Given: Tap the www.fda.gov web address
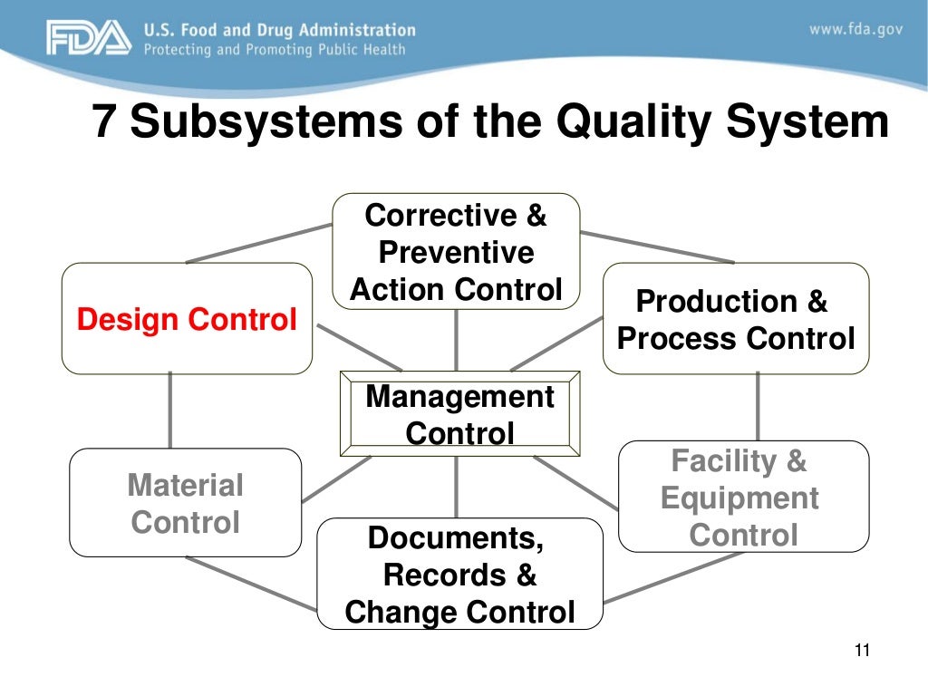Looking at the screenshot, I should [855, 29].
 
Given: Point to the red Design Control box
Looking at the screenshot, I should [187, 319].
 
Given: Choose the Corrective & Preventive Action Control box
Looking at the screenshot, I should [456, 252].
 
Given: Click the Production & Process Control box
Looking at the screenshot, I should [735, 319].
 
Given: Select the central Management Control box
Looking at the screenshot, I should [459, 414].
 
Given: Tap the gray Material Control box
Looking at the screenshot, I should [185, 503].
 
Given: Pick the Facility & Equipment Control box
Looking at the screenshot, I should [742, 498].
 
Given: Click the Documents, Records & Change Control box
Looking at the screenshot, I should [459, 575].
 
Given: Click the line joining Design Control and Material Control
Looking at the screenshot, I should [170, 411].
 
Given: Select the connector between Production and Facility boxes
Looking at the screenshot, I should [758, 407].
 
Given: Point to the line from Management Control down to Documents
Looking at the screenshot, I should [456, 487].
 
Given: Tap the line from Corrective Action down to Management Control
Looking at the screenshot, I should [456, 340].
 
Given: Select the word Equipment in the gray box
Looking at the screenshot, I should [739, 498].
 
